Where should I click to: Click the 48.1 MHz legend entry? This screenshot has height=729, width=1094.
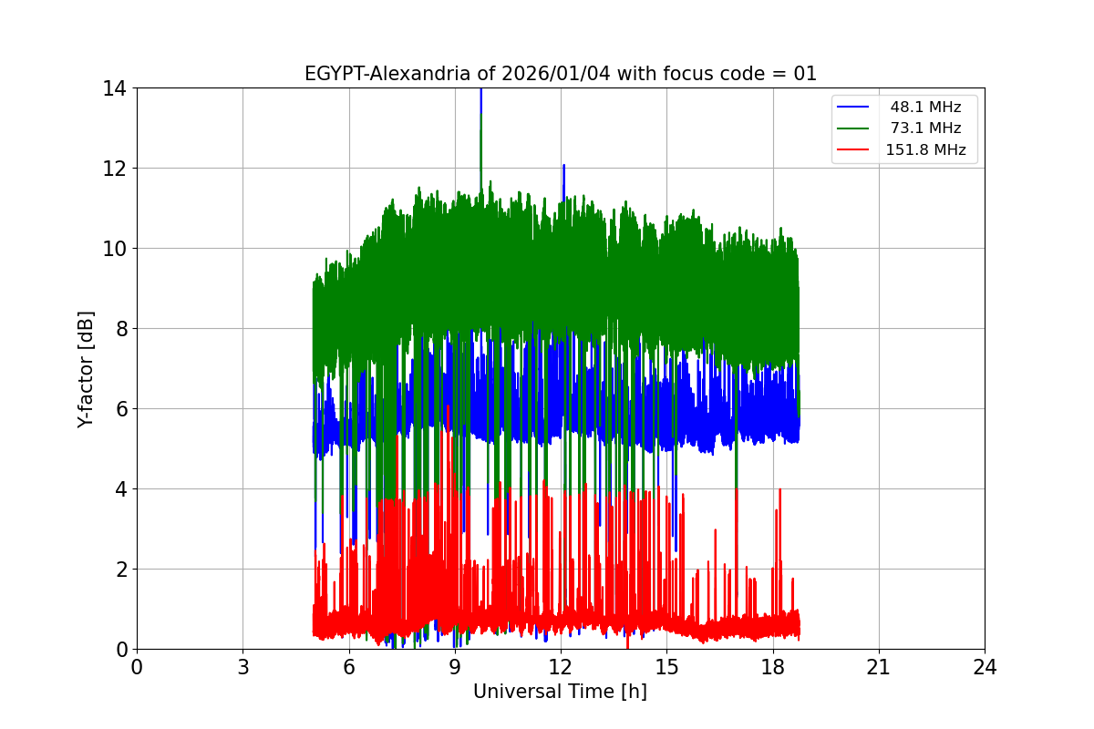pos(925,107)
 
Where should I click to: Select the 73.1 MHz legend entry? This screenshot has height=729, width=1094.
pos(925,128)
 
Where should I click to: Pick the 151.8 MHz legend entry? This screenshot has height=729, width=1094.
pos(925,150)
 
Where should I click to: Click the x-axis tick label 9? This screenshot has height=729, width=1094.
pos(454,666)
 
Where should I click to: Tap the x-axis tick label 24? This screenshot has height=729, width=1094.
pos(985,666)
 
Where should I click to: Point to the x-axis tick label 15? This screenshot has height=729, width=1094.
pos(666,666)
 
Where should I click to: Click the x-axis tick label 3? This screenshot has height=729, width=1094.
pos(243,666)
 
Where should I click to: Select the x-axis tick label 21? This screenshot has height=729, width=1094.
pos(879,666)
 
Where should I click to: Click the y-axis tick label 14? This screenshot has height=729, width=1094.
pos(115,88)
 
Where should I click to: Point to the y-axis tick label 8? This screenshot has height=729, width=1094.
pos(120,329)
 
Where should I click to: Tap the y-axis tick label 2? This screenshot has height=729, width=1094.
pos(120,570)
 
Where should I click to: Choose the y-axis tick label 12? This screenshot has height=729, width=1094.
pos(115,169)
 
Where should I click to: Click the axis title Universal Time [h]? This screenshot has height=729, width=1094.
pos(560,692)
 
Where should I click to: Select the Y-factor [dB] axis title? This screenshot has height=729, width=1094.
pos(86,368)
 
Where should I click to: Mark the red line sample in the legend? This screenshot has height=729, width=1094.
pos(853,150)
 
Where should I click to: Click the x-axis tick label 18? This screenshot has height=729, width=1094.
pos(773,666)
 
